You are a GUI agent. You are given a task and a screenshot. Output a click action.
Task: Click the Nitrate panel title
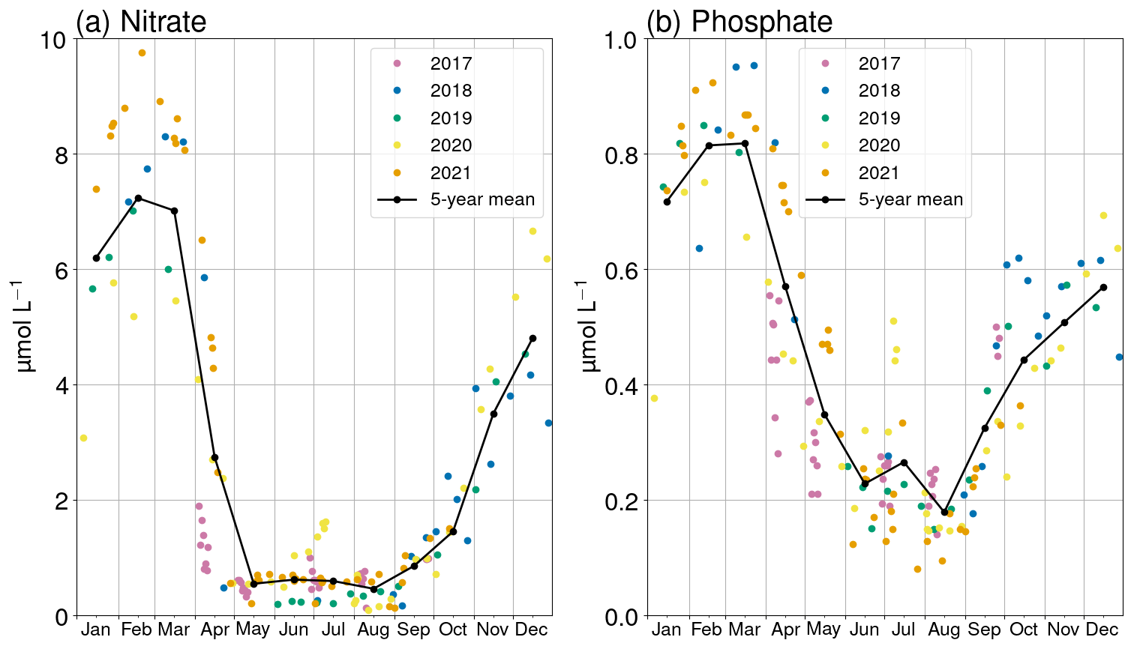tap(141, 22)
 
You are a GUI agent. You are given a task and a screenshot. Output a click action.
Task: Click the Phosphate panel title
tap(739, 22)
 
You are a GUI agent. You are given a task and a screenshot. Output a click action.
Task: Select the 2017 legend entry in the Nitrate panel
tap(450, 64)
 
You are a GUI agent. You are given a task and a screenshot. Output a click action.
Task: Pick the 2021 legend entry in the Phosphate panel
tap(878, 173)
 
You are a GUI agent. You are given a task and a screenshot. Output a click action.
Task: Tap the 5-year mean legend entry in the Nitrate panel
tap(481, 200)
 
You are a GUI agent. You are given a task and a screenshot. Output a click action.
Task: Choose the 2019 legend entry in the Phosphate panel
tap(878, 118)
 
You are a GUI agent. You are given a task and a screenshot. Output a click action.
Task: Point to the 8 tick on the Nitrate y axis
tap(58, 154)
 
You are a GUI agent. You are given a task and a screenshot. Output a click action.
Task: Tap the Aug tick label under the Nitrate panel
tap(373, 630)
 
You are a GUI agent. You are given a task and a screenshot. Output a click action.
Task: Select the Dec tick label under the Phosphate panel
tap(1102, 630)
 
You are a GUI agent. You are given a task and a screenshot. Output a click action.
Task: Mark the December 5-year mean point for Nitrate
tap(532, 338)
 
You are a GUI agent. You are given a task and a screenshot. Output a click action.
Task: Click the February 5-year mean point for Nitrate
tap(138, 198)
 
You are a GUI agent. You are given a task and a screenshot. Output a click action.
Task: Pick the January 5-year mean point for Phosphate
tap(667, 202)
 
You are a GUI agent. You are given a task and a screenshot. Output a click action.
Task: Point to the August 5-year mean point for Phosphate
tap(944, 512)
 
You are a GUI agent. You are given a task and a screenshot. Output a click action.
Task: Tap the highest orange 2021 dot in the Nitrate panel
tap(142, 52)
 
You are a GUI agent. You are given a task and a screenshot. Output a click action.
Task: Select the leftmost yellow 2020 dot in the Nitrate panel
tap(83, 438)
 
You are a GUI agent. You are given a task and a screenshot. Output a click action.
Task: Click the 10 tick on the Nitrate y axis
tap(55, 39)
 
